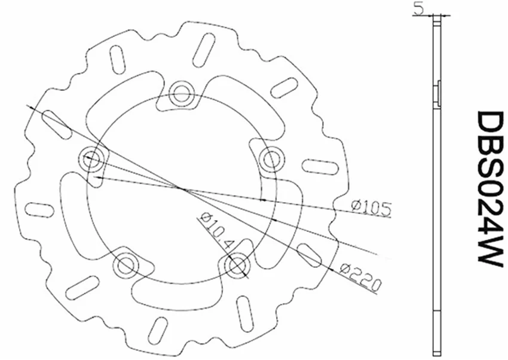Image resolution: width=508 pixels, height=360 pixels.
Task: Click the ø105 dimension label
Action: point(371,208)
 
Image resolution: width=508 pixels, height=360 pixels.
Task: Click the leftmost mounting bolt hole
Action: point(92,160)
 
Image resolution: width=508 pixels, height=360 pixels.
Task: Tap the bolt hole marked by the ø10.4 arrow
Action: point(238,263)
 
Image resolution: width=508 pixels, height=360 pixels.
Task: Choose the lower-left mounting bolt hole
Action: point(126,264)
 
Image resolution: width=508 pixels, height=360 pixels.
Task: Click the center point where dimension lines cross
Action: point(181,189)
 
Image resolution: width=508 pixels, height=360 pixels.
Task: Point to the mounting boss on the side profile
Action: point(439,93)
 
